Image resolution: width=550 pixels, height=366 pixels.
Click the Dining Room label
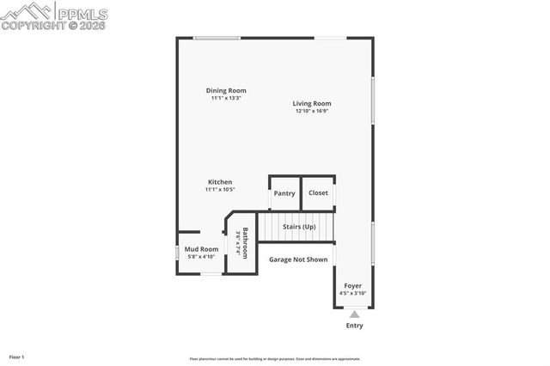tap(226, 90)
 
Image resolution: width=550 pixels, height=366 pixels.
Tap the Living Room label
tap(312, 103)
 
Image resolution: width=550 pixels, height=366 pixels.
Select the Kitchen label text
tap(220, 182)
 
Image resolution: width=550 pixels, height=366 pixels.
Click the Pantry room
tap(284, 193)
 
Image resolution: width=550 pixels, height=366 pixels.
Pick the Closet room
tap(318, 193)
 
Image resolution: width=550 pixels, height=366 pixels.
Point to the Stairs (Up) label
tap(299, 227)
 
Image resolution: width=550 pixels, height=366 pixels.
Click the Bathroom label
tap(245, 243)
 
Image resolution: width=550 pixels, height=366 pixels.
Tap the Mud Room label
tap(202, 249)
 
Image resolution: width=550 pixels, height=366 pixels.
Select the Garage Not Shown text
tap(298, 259)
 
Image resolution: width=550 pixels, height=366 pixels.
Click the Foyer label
tap(353, 285)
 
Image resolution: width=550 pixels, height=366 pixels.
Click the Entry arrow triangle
tap(353, 314)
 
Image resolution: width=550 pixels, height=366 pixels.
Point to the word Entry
tap(354, 326)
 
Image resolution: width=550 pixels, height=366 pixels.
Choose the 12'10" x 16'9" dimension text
tap(312, 111)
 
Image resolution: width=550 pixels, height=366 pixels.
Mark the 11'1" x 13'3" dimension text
tap(226, 98)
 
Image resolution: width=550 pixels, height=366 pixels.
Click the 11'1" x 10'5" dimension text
tap(220, 190)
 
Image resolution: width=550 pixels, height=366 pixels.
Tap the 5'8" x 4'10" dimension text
tap(202, 257)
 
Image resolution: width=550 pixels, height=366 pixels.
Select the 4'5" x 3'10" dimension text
tap(353, 293)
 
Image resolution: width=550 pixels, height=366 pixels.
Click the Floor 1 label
tap(16, 357)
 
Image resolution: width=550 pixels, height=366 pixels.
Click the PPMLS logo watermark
tap(54, 16)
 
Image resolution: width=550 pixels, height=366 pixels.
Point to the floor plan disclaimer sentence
tap(275, 359)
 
